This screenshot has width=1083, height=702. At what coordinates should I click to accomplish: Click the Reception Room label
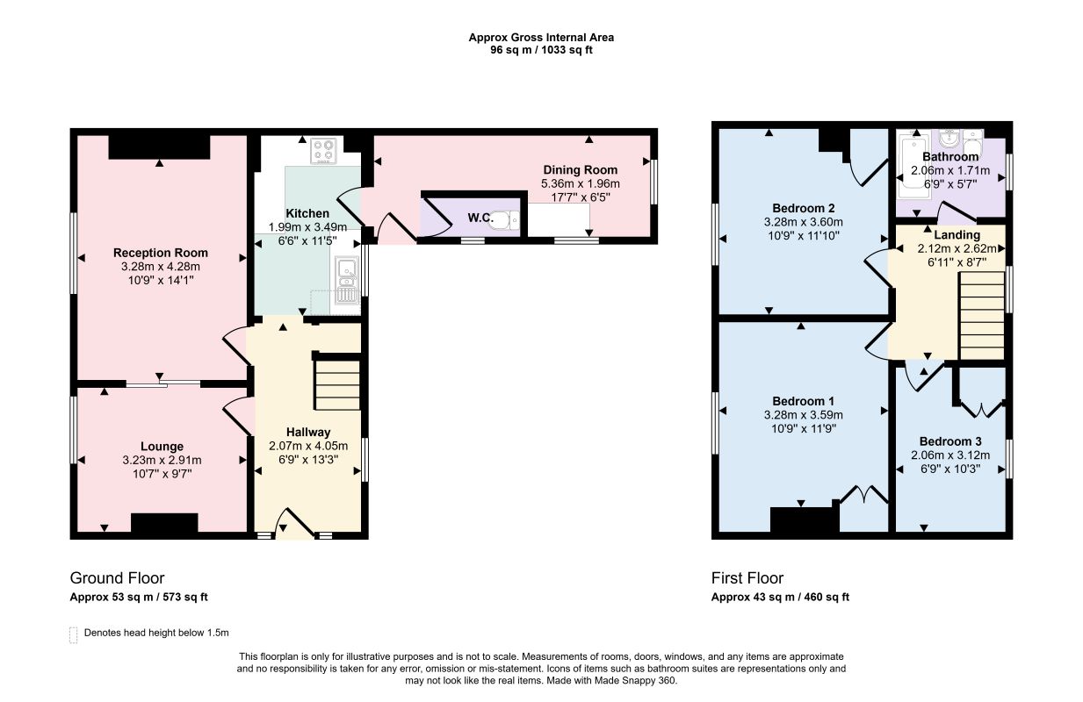(x=161, y=253)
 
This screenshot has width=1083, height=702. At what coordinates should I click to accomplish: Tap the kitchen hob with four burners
(x=324, y=151)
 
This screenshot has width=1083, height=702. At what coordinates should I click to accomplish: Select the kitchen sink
(x=346, y=280)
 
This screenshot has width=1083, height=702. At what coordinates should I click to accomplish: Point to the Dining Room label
(x=581, y=170)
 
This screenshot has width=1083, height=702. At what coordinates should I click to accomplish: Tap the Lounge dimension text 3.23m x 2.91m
(x=162, y=461)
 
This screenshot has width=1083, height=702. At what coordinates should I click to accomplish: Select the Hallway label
(x=308, y=433)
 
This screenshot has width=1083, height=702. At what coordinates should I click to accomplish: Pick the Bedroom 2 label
(x=804, y=208)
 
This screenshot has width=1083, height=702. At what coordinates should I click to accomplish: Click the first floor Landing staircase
(x=982, y=316)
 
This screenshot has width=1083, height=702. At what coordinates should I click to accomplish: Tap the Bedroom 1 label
(x=804, y=401)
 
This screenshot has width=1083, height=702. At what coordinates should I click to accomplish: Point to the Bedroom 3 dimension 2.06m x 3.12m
(x=950, y=455)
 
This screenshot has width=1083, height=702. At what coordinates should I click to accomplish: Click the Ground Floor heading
(x=117, y=577)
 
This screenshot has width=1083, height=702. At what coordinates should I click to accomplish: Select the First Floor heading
(x=747, y=577)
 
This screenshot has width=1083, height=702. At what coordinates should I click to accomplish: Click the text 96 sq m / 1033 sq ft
(x=541, y=50)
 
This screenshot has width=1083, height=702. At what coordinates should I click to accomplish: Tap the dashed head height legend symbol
(x=74, y=634)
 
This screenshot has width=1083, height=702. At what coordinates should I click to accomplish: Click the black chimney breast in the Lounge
(x=164, y=523)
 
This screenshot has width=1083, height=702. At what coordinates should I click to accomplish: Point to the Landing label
(x=957, y=235)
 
